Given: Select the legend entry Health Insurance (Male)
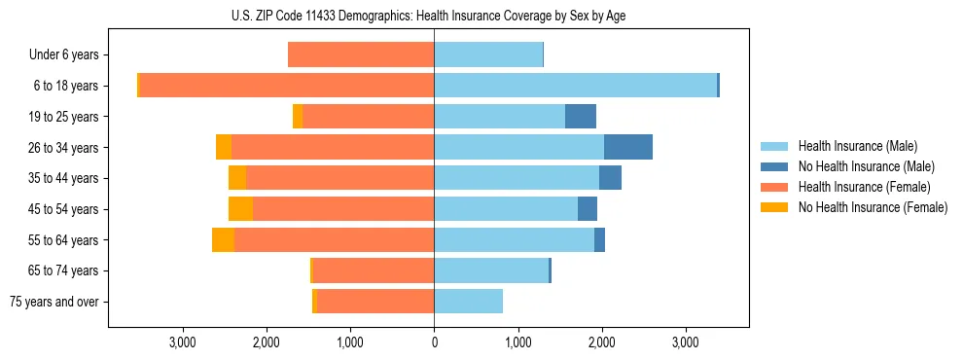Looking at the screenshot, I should click(x=856, y=146).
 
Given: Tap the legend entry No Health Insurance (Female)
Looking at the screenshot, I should click(x=873, y=207).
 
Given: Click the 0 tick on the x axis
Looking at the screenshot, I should click(x=434, y=343).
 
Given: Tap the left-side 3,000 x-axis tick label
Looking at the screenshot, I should click(x=183, y=343).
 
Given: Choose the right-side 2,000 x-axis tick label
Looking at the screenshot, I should click(x=601, y=343).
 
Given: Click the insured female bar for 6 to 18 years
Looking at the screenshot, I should click(x=287, y=86).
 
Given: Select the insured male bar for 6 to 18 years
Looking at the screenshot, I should click(x=575, y=86).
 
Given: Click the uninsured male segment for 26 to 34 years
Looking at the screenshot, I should click(x=627, y=147).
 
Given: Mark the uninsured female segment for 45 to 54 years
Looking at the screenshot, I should click(x=240, y=209).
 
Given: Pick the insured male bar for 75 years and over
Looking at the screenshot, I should click(x=468, y=302).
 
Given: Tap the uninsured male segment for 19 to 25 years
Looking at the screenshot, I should click(x=580, y=117).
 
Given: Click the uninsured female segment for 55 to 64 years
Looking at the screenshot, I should click(x=223, y=240).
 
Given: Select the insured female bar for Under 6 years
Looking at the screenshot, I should click(x=361, y=55).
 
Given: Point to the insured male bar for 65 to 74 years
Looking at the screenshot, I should click(x=491, y=270).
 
